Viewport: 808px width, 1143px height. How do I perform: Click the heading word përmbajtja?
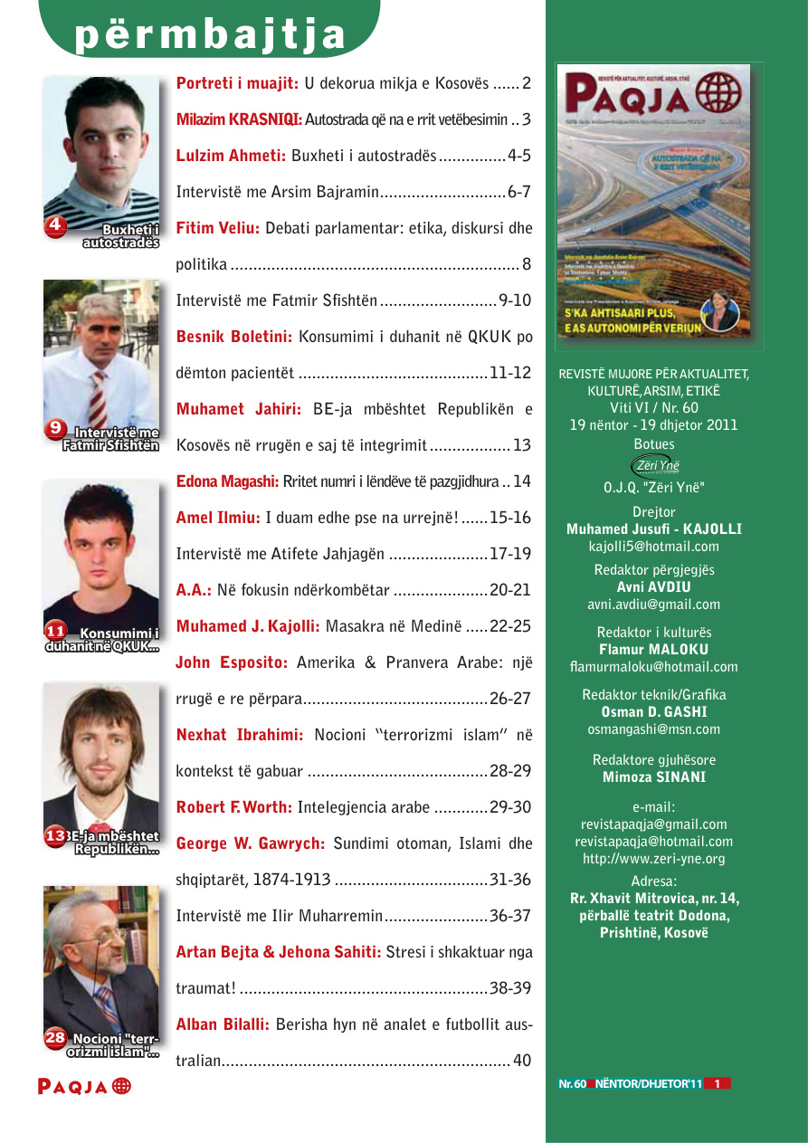pyautogui.click(x=211, y=33)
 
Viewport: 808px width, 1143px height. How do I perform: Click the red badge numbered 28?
pyautogui.click(x=55, y=1038)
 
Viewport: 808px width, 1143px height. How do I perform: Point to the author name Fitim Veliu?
pyautogui.click(x=217, y=228)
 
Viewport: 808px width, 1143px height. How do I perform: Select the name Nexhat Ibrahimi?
pyautogui.click(x=240, y=735)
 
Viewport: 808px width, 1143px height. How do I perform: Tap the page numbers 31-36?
pyautogui.click(x=509, y=880)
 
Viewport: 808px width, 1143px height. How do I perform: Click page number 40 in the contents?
pyautogui.click(x=522, y=1061)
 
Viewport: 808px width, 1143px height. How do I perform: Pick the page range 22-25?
pyautogui.click(x=509, y=626)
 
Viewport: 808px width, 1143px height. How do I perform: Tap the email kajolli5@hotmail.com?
pyautogui.click(x=654, y=547)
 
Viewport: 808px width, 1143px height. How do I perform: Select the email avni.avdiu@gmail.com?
pyautogui.click(x=654, y=605)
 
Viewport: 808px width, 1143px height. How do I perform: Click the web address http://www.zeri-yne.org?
pyautogui.click(x=653, y=859)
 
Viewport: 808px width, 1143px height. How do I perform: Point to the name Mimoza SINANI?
pyautogui.click(x=653, y=776)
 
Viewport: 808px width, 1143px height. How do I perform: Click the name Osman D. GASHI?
pyautogui.click(x=653, y=712)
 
